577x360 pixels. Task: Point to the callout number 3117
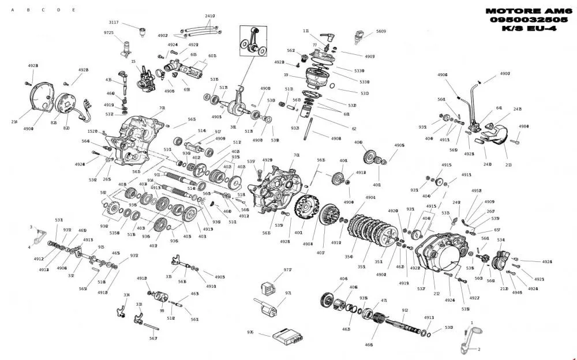click(x=114, y=22)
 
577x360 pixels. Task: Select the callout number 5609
click(x=381, y=31)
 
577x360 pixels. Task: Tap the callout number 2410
click(x=209, y=16)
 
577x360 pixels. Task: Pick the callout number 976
click(x=250, y=332)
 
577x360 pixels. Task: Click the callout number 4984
click(x=523, y=126)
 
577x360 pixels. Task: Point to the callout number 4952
click(x=476, y=190)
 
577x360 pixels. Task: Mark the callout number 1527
click(x=92, y=132)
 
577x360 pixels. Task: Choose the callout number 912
click(x=405, y=310)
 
